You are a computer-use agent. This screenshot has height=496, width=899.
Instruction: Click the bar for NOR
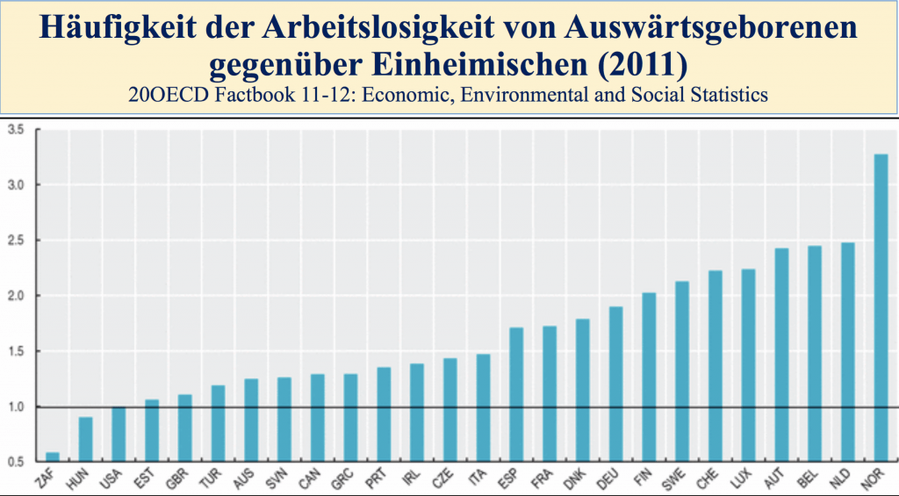881,307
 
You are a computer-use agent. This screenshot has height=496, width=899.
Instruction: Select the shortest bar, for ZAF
52,456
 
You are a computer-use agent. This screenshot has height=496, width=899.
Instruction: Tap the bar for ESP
516,394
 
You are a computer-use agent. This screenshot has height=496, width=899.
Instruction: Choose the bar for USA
118,434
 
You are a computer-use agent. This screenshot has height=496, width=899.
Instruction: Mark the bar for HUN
85,439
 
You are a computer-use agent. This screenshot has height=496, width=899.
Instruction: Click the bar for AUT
781,355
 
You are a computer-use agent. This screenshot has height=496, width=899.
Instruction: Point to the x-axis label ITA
478,478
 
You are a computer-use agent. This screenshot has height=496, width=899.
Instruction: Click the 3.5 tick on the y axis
14,130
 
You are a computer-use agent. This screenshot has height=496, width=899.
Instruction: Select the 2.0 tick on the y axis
14,296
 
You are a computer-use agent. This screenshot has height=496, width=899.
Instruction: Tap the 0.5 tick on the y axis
14,462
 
